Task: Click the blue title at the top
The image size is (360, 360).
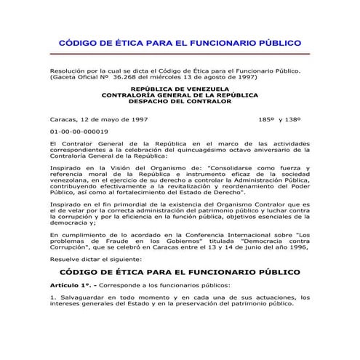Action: pyautogui.click(x=179, y=43)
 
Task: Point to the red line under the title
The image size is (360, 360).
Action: pyautogui.click(x=179, y=54)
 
